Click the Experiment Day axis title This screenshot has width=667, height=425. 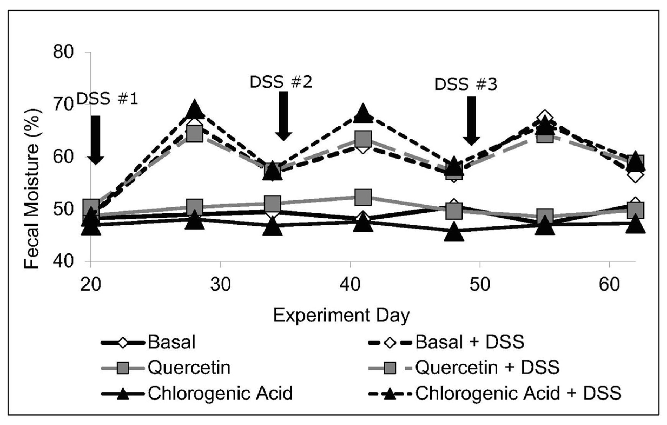341,315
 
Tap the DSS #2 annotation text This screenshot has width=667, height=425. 281,82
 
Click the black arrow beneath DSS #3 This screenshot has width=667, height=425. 471,120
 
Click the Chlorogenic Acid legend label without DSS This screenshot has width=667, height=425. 220,393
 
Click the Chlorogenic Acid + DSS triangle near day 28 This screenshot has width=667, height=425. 194,110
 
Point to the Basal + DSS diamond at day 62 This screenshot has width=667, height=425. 635,176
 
